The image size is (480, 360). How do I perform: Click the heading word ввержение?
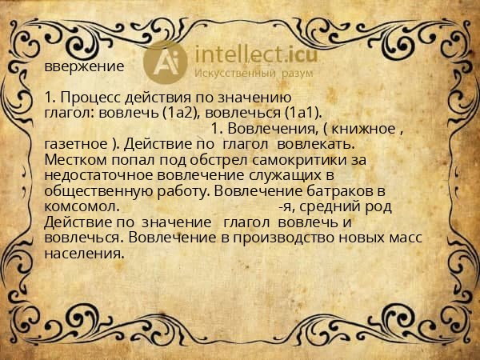click(84, 67)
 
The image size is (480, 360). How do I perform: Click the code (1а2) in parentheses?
click(180, 114)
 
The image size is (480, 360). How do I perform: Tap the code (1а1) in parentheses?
click(302, 114)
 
